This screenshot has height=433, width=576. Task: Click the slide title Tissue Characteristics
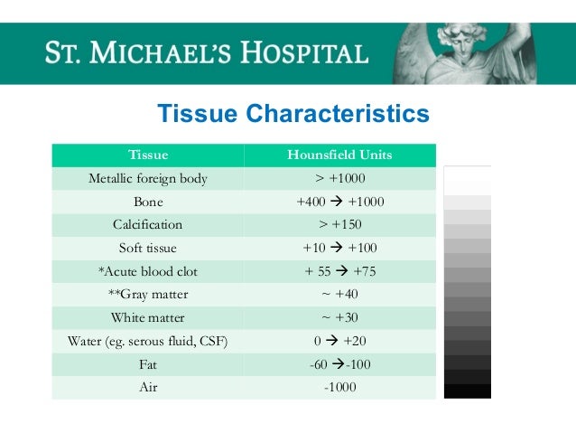(293, 115)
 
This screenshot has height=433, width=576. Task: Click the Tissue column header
(148, 155)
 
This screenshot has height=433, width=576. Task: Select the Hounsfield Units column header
(339, 155)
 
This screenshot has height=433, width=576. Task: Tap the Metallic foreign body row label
(148, 178)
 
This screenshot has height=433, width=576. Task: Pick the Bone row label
(148, 202)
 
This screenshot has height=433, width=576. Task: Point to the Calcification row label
(148, 224)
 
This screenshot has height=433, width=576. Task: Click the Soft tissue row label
(148, 248)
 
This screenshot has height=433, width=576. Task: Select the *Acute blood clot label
(148, 271)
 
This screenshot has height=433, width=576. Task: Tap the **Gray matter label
(148, 295)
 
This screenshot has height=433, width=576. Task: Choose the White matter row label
(148, 318)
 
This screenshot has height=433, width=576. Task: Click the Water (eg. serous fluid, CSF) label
(148, 342)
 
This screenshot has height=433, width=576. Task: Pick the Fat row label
(148, 365)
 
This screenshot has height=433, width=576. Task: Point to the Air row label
(148, 388)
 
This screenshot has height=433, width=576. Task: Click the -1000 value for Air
(339, 388)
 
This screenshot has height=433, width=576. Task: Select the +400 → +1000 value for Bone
(339, 202)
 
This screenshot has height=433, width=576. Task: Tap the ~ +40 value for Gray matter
(339, 295)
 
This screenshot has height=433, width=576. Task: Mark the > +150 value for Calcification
(339, 224)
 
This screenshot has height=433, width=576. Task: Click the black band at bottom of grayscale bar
(468, 391)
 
